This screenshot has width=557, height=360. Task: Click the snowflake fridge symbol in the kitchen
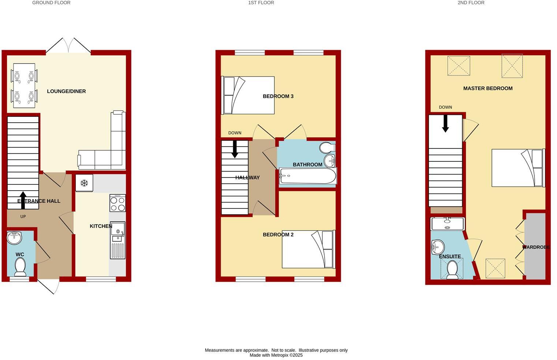[84, 183]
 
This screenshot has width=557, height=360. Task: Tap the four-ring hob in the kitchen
[117, 203]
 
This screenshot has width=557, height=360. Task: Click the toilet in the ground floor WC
[20, 267]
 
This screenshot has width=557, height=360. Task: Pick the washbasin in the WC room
[15, 238]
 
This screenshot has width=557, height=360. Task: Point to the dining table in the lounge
[24, 86]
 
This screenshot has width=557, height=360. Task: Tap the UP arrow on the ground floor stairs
[23, 200]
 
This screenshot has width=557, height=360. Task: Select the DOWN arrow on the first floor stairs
[235, 149]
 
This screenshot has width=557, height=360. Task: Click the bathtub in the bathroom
[307, 177]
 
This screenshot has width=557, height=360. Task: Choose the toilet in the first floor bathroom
[327, 148]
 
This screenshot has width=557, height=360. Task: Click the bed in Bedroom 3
[248, 95]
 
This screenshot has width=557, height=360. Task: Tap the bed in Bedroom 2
[308, 249]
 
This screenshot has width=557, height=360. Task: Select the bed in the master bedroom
[518, 168]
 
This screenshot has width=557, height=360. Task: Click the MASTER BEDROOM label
[487, 88]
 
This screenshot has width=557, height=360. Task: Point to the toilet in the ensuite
[453, 270]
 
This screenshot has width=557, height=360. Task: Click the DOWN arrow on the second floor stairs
[445, 124]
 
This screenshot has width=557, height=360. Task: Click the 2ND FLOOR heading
[471, 3]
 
